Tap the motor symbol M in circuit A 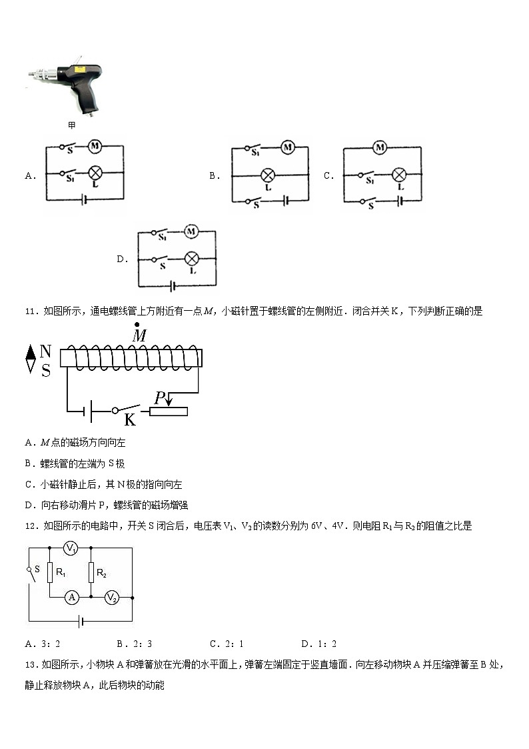[x=95, y=146]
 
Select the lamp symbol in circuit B [x=268, y=175]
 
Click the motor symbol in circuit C [x=380, y=147]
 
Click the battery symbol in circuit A [x=83, y=199]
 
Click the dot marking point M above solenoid [x=137, y=324]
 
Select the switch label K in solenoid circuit [x=130, y=420]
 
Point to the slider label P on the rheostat [x=160, y=399]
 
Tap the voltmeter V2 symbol [x=111, y=598]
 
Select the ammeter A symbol [x=72, y=598]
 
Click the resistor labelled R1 [x=50, y=572]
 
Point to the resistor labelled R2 [x=91, y=572]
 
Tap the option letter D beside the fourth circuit [x=121, y=259]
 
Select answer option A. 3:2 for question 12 [x=43, y=644]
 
